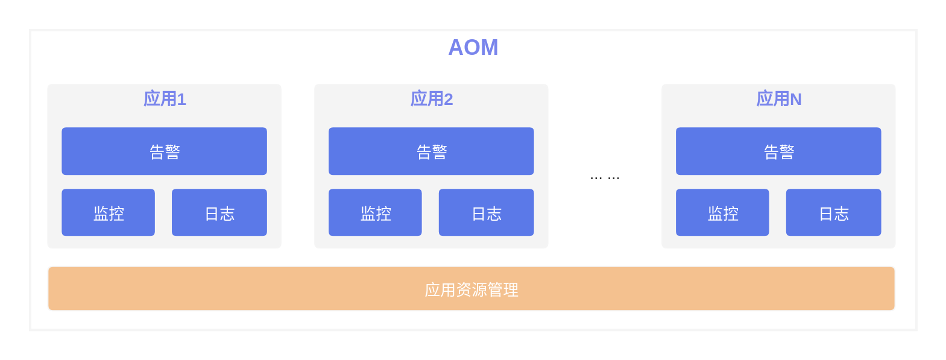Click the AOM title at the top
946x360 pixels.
coord(473,47)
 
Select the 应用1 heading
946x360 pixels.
coord(165,99)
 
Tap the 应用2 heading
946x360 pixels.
coord(432,99)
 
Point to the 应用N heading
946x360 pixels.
coord(779,99)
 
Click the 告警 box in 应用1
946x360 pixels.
coord(164,151)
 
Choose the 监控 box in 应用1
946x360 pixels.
coord(108,212)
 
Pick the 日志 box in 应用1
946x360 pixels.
coord(219,212)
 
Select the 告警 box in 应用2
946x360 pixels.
coord(431,151)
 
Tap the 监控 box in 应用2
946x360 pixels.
coord(375,212)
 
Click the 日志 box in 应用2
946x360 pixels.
coord(486,212)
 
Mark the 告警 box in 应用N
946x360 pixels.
coord(778,151)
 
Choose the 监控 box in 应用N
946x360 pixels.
coord(722,212)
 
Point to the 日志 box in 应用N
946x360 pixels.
coord(833,212)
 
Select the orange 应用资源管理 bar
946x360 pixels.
coord(471,289)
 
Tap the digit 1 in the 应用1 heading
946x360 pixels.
coord(181,99)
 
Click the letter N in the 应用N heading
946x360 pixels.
coord(796,99)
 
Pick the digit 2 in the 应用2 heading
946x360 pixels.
coord(448,99)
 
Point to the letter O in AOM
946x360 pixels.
coord(473,47)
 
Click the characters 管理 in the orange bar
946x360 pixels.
coord(503,290)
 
